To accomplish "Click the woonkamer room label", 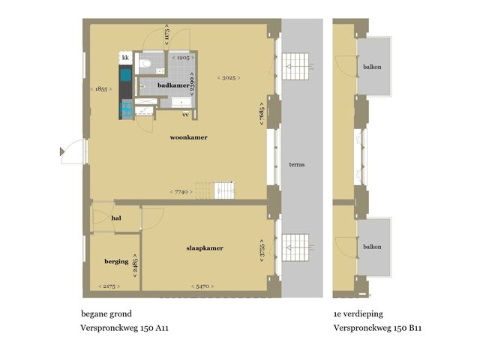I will point(188,138).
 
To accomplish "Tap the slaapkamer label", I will point(205,248).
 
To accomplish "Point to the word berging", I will point(116,262).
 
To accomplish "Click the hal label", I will point(116,218).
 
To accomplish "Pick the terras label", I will point(295,163).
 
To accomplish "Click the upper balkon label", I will point(372,67).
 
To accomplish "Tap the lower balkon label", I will point(372,247).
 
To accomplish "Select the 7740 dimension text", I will point(181,192).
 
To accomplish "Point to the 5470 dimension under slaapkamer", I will point(202,286).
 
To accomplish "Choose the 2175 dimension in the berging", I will point(109,286).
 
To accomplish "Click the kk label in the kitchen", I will point(125,58).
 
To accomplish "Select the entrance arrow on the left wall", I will point(62,151).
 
